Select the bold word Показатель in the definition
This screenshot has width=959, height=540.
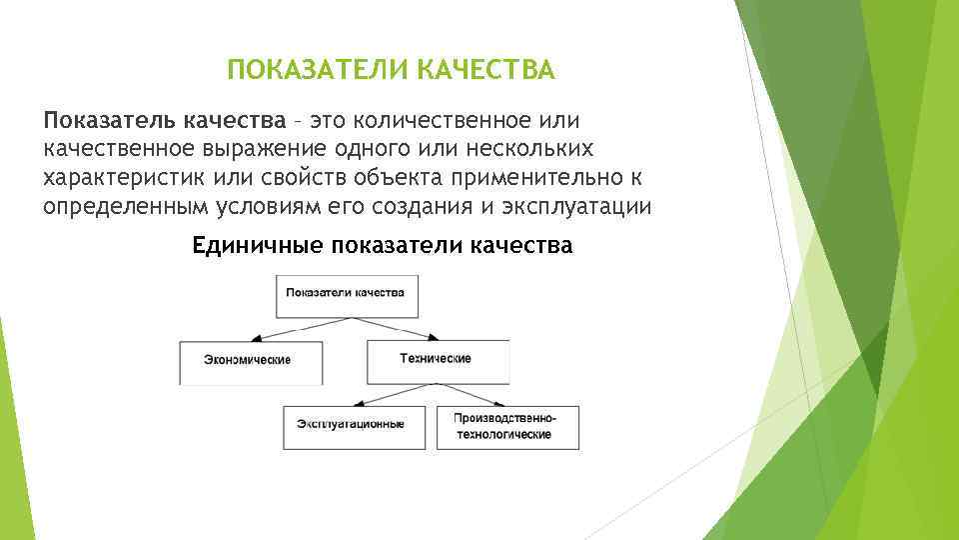109,121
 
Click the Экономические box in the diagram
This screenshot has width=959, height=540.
250,361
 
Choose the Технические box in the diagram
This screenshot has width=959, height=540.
437,360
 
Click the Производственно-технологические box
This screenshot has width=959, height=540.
505,426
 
